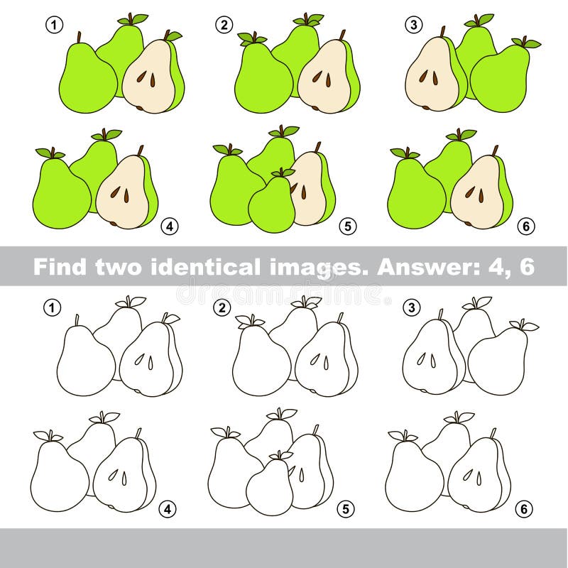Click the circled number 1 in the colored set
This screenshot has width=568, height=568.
coord(55,26)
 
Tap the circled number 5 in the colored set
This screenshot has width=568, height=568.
coord(348,226)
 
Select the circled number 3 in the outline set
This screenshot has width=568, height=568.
coord(412,308)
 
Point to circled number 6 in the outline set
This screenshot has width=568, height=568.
coord(524,509)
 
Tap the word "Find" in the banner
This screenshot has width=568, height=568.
coord(60,266)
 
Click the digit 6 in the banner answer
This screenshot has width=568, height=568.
coord(527,266)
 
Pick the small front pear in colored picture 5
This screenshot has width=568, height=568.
coord(272,200)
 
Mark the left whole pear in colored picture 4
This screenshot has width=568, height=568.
coord(62,190)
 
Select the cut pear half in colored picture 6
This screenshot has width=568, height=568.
coord(479,190)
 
